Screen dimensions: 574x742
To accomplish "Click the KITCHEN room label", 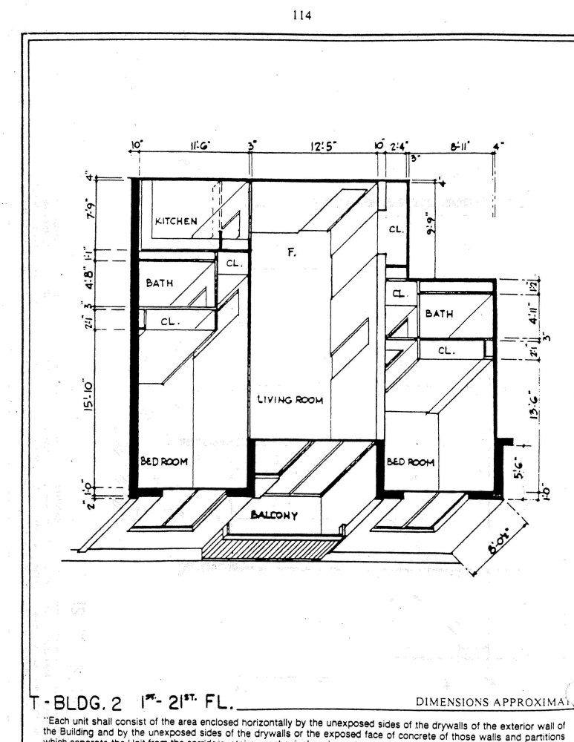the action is pos(176,221).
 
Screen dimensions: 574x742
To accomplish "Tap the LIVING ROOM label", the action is pos(290,400).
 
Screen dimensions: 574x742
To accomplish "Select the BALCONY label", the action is pos(275,516).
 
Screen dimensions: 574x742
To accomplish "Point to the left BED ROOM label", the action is pos(164,462).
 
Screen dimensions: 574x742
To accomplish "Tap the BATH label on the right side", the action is pos(439,314).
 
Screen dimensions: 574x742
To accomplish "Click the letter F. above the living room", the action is pos(292,253).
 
